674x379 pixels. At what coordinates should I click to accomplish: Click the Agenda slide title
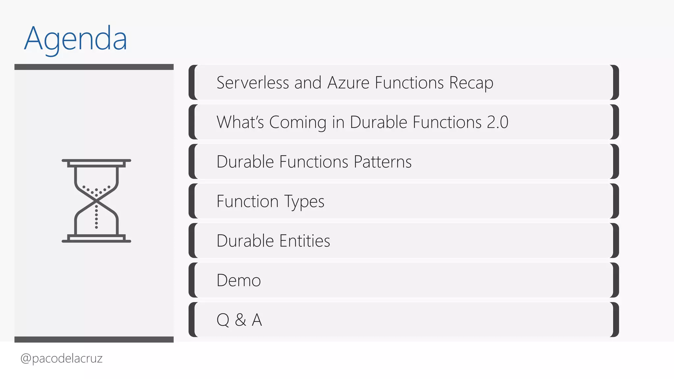pyautogui.click(x=75, y=39)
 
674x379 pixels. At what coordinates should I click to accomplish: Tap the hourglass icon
pyautogui.click(x=96, y=201)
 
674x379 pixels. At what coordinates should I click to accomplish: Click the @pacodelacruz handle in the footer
pyautogui.click(x=62, y=358)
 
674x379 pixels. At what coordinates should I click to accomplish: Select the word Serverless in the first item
pyautogui.click(x=252, y=83)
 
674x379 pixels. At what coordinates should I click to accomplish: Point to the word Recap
pyautogui.click(x=471, y=83)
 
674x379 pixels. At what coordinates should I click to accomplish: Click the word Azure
pyautogui.click(x=348, y=83)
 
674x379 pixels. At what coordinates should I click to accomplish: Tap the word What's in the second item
pyautogui.click(x=240, y=122)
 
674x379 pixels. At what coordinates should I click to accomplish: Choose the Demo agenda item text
pyautogui.click(x=239, y=281)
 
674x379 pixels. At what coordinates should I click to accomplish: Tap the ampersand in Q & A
pyautogui.click(x=241, y=320)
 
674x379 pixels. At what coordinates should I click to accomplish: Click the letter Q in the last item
pyautogui.click(x=223, y=320)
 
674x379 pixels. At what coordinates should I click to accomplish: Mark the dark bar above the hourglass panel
pyautogui.click(x=94, y=67)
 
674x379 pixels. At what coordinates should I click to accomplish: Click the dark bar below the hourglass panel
pyautogui.click(x=94, y=340)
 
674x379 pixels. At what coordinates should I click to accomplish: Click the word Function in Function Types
pyautogui.click(x=247, y=201)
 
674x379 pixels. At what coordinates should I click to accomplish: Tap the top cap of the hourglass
pyautogui.click(x=96, y=162)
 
